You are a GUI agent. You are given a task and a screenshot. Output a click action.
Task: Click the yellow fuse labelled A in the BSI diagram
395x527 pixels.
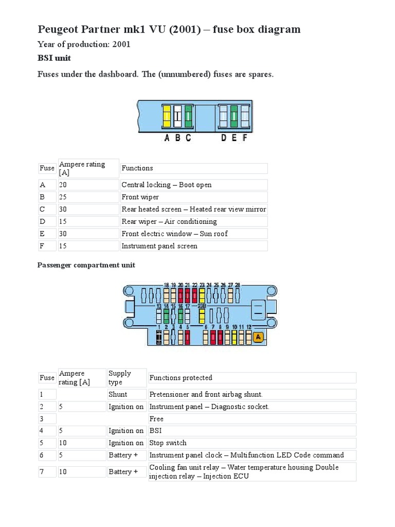pos(167,116)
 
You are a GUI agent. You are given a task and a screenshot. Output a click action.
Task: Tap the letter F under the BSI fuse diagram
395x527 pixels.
pos(245,138)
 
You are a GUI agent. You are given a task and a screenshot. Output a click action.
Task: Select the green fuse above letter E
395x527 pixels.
pos(234,116)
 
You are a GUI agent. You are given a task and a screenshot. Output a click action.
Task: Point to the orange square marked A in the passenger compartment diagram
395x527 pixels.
pos(259,337)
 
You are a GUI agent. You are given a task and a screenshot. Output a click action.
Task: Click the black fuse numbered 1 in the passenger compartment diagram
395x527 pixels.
pos(159,338)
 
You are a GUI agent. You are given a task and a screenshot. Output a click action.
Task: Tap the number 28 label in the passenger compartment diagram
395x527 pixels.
pos(238,285)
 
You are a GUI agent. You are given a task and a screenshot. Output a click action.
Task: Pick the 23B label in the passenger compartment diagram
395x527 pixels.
pos(202,306)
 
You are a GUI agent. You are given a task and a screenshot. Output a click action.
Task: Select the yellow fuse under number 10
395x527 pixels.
pos(235,338)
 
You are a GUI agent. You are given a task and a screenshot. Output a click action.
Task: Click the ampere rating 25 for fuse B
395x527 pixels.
pos(63,197)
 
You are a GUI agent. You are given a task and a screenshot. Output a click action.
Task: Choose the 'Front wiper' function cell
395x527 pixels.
pos(140,197)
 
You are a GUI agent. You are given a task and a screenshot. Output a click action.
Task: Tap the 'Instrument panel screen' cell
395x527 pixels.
pos(159,246)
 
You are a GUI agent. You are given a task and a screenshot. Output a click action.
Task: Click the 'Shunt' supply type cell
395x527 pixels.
pos(118,394)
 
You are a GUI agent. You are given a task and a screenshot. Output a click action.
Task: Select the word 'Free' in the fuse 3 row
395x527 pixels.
pos(156,419)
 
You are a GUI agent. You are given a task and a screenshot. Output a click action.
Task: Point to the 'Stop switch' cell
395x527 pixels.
pos(168,443)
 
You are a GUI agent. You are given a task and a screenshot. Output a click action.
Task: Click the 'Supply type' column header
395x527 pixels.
pos(120,377)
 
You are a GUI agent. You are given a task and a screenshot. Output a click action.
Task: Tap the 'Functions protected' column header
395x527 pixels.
pos(181,378)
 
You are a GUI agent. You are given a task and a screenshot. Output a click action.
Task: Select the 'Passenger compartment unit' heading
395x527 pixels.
pos(86,265)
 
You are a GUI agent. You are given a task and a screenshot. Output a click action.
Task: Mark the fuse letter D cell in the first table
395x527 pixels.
pos(42,222)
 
